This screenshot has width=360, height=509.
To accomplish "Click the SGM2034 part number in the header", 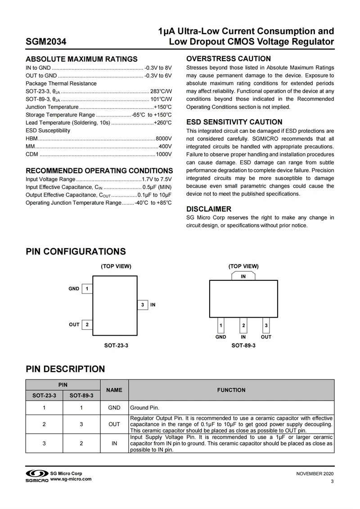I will click(x=46, y=42).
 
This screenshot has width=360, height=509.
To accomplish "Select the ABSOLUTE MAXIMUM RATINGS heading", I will click(x=81, y=59).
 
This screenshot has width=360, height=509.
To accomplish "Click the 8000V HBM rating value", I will click(x=164, y=138).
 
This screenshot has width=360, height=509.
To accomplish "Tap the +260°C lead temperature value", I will click(x=163, y=122).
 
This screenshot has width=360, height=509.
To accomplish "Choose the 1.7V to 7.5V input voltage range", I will click(x=157, y=179).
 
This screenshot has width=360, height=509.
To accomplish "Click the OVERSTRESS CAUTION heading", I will click(x=229, y=59).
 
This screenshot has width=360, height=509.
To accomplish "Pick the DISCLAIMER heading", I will click(x=209, y=209).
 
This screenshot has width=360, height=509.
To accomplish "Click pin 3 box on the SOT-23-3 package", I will click(x=142, y=305).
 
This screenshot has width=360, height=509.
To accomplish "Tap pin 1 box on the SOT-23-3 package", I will click(x=86, y=288).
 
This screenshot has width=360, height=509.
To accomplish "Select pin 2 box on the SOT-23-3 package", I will click(x=86, y=324).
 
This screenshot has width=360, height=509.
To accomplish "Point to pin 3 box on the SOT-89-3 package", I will click(x=266, y=325).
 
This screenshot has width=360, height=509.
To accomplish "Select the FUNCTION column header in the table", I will click(x=231, y=390).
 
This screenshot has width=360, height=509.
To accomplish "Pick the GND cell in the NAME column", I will click(x=114, y=408).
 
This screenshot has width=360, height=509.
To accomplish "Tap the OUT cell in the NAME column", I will click(x=114, y=424).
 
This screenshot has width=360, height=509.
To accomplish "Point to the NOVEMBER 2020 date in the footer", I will click(x=315, y=474).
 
